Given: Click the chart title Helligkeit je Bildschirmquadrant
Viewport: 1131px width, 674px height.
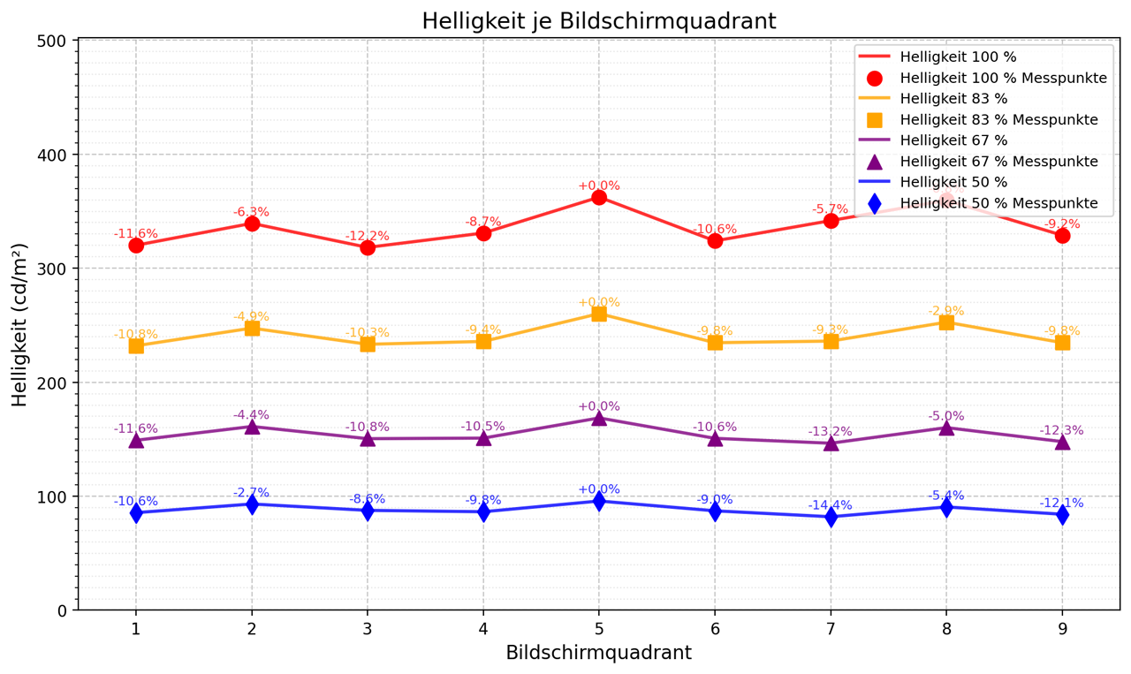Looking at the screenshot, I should tap(598, 21).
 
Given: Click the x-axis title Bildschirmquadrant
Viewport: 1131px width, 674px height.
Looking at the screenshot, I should tap(598, 653).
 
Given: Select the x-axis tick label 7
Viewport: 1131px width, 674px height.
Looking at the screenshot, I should tap(831, 627).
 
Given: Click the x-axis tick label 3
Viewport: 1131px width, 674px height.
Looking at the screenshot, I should tap(368, 627).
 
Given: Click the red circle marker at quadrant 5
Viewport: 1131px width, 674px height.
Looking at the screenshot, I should tap(599, 197).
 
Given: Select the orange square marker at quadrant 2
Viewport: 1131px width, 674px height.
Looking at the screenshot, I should tap(252, 329).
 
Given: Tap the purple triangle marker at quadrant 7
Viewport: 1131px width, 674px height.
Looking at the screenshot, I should tap(831, 443).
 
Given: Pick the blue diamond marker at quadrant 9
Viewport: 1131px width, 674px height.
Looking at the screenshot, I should tap(1062, 515).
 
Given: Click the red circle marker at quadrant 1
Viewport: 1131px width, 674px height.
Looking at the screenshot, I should tap(136, 245).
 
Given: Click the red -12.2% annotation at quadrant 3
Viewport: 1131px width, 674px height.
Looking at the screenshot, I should tap(368, 236).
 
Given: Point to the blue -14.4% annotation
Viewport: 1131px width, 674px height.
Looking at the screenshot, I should tap(831, 505).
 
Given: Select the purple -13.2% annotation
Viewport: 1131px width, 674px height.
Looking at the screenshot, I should tap(831, 431).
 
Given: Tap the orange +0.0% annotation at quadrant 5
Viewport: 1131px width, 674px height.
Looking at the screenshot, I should tap(599, 302).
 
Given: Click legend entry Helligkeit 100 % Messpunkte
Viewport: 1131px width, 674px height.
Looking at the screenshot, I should tap(1003, 78).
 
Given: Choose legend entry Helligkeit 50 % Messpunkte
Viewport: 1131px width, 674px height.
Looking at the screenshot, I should tap(998, 203).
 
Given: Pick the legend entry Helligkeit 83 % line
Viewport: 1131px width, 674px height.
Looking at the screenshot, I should tap(953, 99).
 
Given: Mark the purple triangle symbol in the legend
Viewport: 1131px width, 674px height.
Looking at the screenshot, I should tap(875, 162).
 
